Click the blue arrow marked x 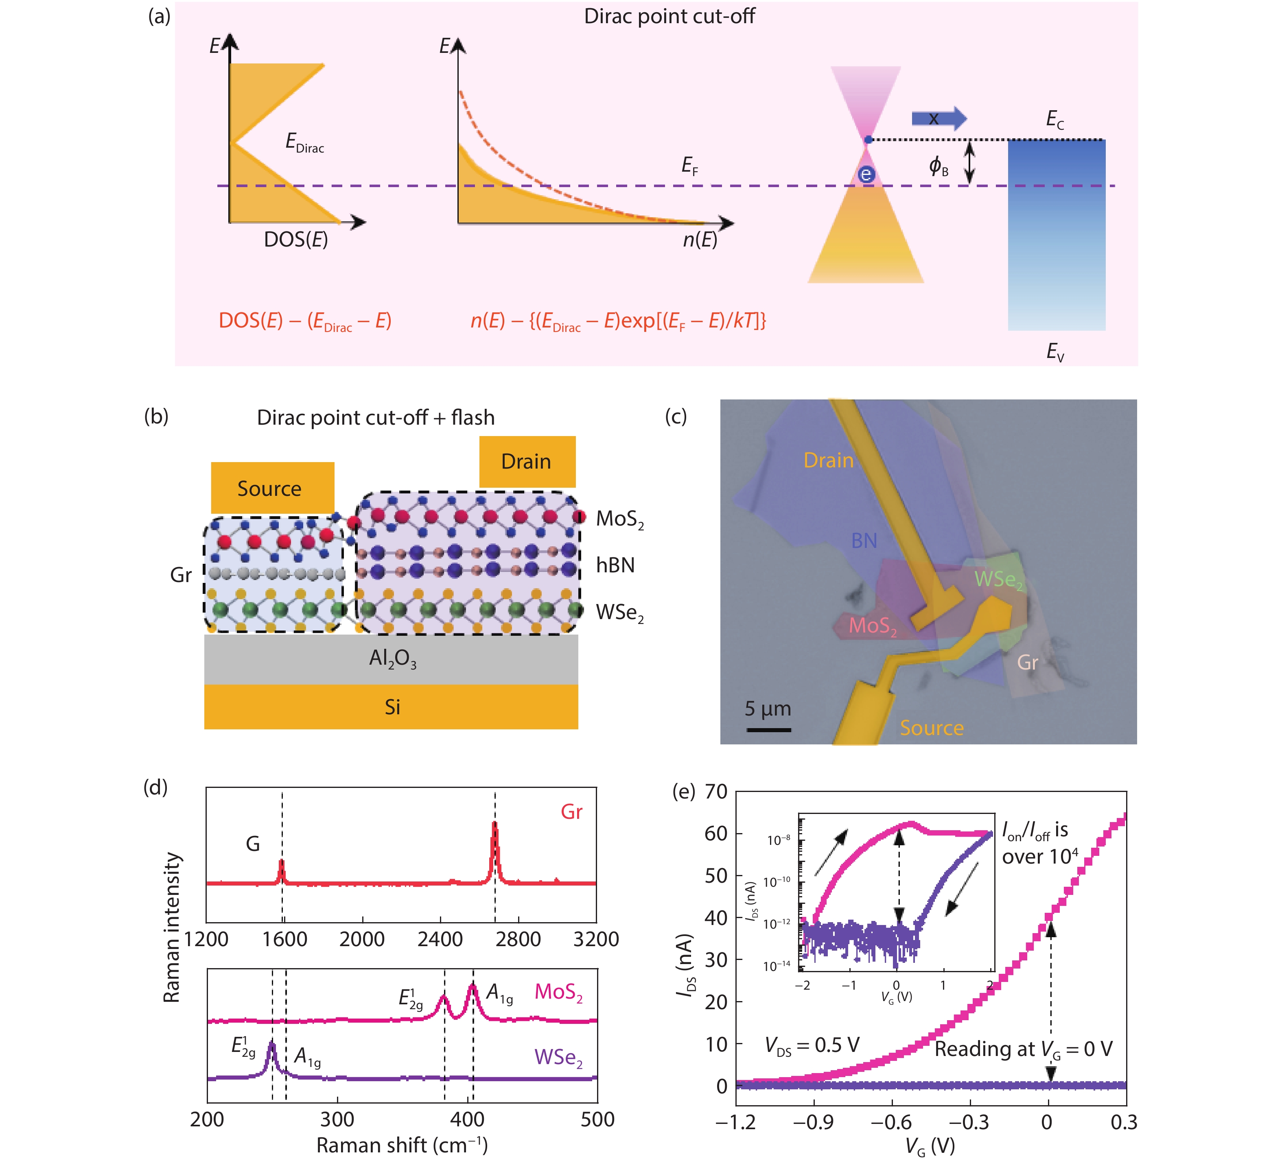coord(938,118)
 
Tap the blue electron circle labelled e coord(866,174)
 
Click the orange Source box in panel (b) coord(272,487)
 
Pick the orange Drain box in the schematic coord(527,461)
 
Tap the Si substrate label coord(392,707)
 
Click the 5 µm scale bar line coord(768,730)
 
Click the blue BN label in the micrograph coord(864,541)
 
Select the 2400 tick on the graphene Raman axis coord(440,939)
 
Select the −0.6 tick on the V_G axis coord(892,1122)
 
